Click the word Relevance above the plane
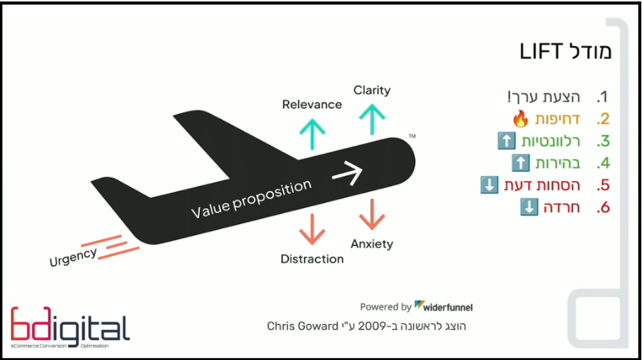click(x=312, y=105)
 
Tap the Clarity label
click(x=372, y=90)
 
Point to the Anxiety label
click(x=372, y=244)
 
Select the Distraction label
click(x=312, y=259)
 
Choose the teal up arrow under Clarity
click(x=372, y=120)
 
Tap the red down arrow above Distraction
click(x=312, y=229)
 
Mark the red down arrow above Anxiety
click(x=372, y=214)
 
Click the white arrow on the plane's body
click(x=347, y=173)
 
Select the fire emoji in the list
click(x=520, y=120)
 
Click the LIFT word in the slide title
click(x=542, y=52)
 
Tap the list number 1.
click(x=601, y=97)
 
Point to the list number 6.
click(x=603, y=208)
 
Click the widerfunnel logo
click(x=444, y=306)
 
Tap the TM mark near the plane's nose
click(x=412, y=137)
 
